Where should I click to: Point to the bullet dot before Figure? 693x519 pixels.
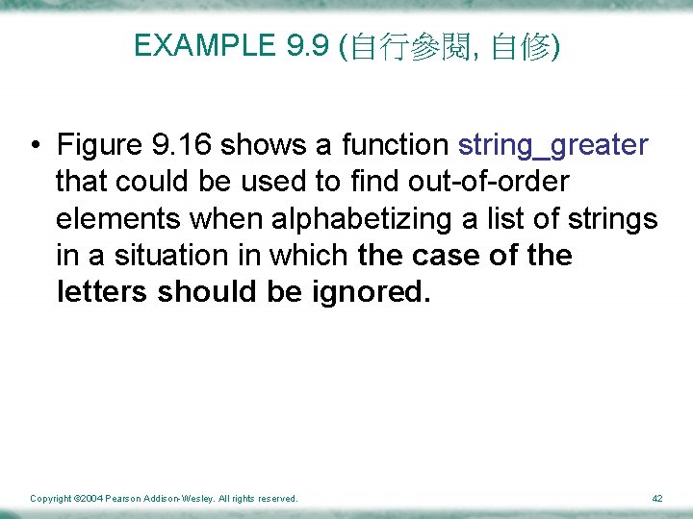pos(35,146)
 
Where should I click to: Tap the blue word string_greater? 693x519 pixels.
pos(553,145)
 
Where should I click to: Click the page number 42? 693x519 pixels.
pos(657,498)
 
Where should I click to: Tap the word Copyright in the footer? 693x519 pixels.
pos(51,498)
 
